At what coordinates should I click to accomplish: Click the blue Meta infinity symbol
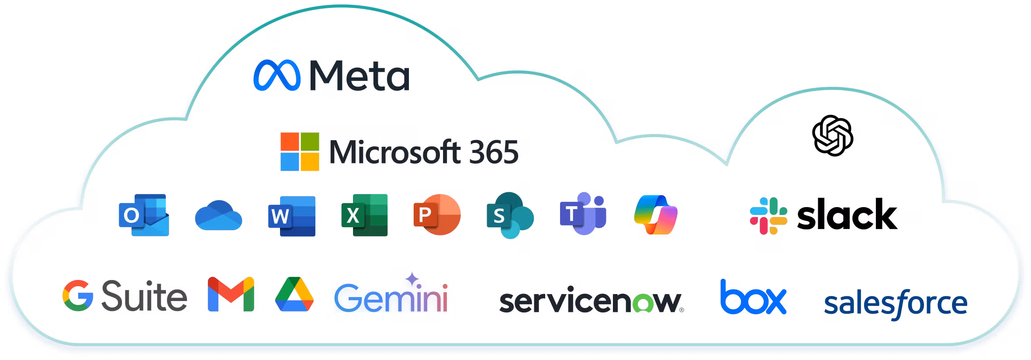pyautogui.click(x=277, y=75)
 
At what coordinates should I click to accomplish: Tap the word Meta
pyautogui.click(x=360, y=76)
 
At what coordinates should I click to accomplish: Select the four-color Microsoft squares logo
pyautogui.click(x=300, y=152)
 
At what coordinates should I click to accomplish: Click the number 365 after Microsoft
pyautogui.click(x=494, y=152)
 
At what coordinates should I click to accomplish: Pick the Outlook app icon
pyautogui.click(x=144, y=215)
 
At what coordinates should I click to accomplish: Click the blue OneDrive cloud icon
pyautogui.click(x=218, y=215)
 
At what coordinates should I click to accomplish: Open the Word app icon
pyautogui.click(x=292, y=216)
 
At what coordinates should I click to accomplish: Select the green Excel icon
pyautogui.click(x=364, y=215)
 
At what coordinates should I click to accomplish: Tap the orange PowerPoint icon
pyautogui.click(x=437, y=215)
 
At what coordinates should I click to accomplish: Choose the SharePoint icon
pyautogui.click(x=510, y=215)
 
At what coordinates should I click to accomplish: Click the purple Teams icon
pyautogui.click(x=583, y=213)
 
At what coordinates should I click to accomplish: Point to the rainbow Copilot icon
pyautogui.click(x=656, y=215)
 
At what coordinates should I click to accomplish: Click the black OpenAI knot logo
pyautogui.click(x=833, y=135)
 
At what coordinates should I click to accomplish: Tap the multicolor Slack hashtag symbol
pyautogui.click(x=768, y=216)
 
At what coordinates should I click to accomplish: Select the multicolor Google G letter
pyautogui.click(x=78, y=295)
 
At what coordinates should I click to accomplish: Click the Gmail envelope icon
pyautogui.click(x=231, y=294)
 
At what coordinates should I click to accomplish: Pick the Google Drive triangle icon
pyautogui.click(x=294, y=294)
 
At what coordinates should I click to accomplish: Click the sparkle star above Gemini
pyautogui.click(x=412, y=279)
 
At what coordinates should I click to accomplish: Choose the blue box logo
pyautogui.click(x=754, y=297)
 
